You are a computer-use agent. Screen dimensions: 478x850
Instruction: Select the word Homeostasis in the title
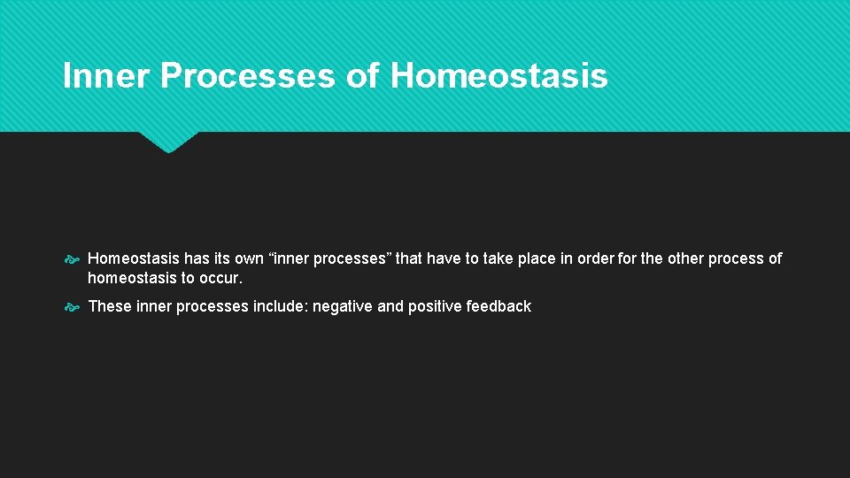tap(498, 76)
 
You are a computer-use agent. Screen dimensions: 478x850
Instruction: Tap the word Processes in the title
tap(248, 76)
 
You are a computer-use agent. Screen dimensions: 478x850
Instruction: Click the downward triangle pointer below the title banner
tap(168, 142)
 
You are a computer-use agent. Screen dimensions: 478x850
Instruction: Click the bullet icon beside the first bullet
tap(73, 259)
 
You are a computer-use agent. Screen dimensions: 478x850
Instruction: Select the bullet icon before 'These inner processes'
tap(73, 307)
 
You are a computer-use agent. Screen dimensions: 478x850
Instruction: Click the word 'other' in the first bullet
tap(685, 258)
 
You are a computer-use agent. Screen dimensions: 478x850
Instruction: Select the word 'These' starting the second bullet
tap(110, 306)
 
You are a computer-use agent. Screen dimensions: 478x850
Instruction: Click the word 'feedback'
tap(500, 306)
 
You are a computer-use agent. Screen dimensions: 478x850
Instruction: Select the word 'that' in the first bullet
tap(409, 258)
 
